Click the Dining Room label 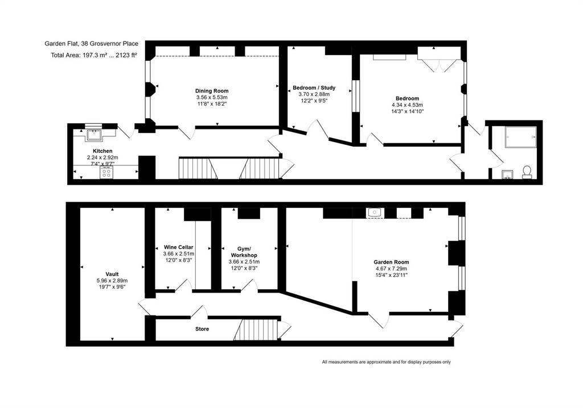(x=212, y=91)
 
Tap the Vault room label (x=112, y=274)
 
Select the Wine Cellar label (x=178, y=247)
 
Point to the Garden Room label (x=391, y=262)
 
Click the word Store (x=202, y=329)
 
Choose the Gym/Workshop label (x=244, y=252)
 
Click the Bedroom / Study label (x=314, y=88)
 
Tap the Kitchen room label (x=102, y=151)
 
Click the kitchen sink (x=94, y=135)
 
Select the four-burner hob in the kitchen (x=106, y=173)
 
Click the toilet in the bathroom (x=527, y=172)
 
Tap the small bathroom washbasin (x=507, y=174)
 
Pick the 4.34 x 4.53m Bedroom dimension (x=407, y=105)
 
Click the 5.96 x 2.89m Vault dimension (x=112, y=281)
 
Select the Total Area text (x=94, y=55)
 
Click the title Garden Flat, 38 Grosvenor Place (x=92, y=44)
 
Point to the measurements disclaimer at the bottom (x=387, y=362)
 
